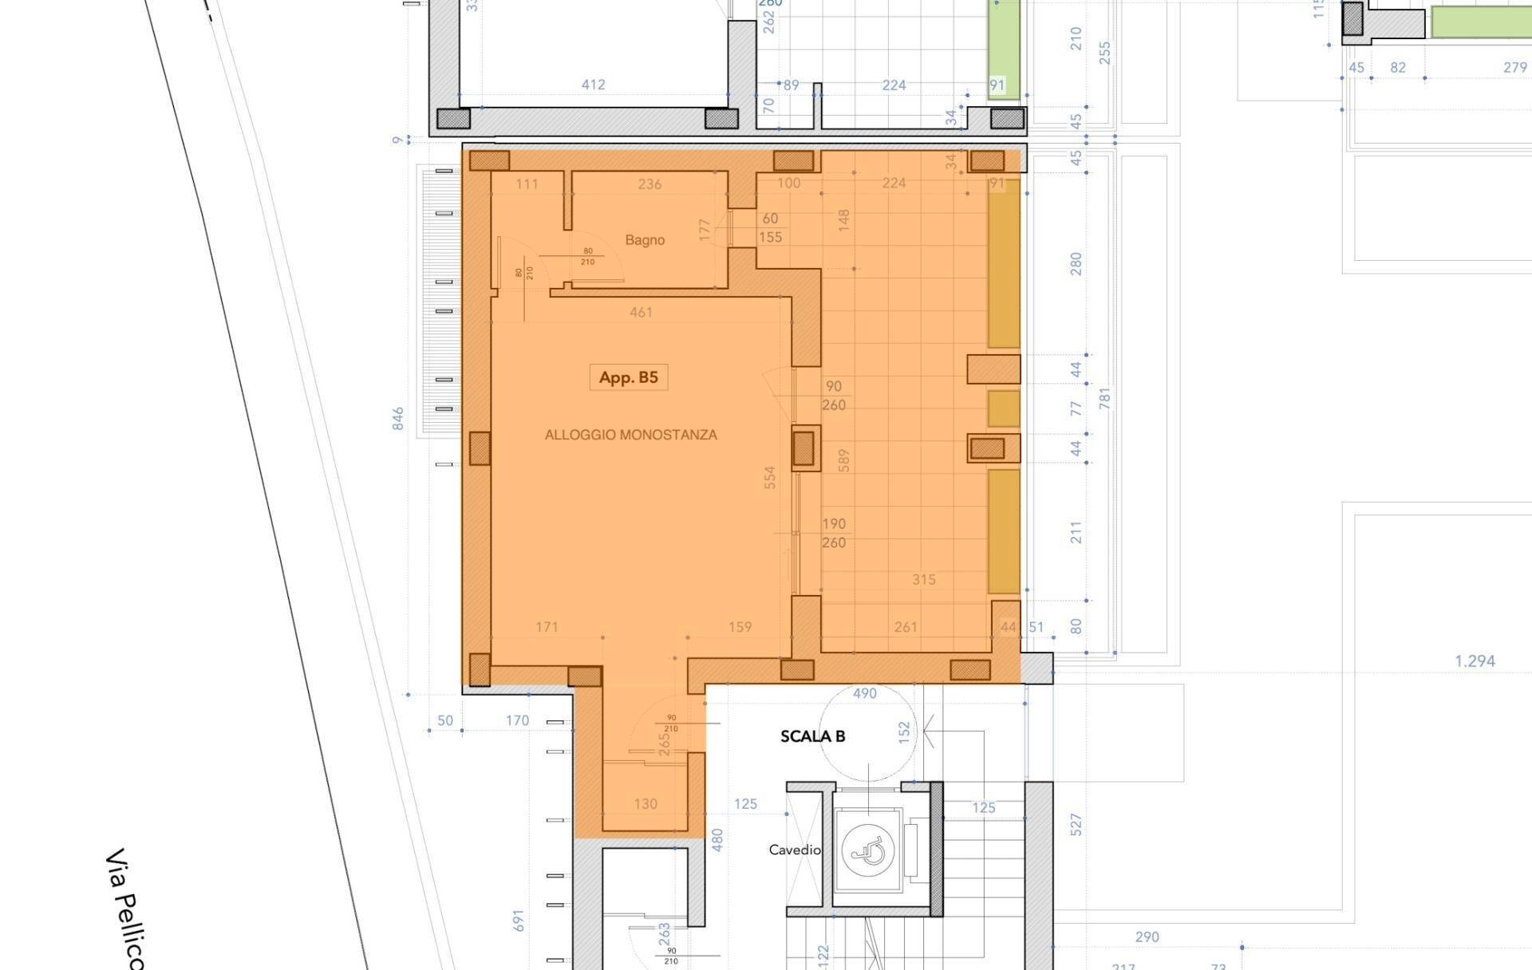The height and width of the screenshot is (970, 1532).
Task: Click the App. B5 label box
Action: click(629, 377)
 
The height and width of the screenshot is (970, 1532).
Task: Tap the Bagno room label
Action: click(645, 239)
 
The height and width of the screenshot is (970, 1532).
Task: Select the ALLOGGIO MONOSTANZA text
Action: click(630, 435)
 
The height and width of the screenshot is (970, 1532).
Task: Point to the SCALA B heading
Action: click(812, 736)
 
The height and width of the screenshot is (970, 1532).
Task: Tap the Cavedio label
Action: click(795, 850)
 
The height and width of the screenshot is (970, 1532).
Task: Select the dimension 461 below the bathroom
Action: click(641, 313)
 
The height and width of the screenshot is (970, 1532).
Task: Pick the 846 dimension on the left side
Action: click(398, 419)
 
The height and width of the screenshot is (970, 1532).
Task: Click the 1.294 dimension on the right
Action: click(1475, 660)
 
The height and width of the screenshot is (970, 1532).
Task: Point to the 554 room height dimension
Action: click(770, 477)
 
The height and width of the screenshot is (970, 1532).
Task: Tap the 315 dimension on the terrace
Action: click(923, 580)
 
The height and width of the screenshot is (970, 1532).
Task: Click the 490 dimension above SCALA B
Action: click(865, 693)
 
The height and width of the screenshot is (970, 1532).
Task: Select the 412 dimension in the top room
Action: click(593, 85)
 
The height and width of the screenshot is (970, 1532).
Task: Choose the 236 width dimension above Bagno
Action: click(650, 184)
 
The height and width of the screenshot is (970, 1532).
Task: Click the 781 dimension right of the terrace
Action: click(1105, 399)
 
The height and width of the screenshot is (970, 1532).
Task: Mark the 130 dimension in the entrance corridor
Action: click(646, 804)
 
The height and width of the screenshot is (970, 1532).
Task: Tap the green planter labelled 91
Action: click(1004, 49)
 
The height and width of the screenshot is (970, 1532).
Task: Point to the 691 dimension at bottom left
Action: click(519, 921)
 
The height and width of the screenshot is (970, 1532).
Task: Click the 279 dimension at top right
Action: click(1514, 68)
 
